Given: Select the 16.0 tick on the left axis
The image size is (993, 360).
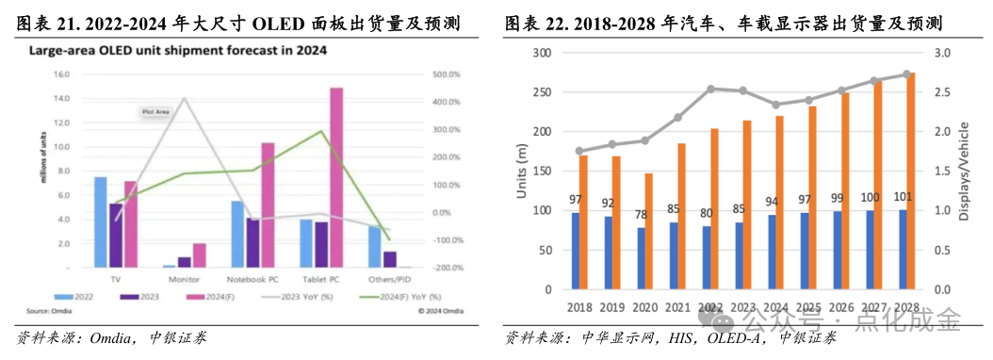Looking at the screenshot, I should (x=61, y=74).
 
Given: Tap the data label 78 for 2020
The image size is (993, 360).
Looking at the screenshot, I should (x=641, y=216).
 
